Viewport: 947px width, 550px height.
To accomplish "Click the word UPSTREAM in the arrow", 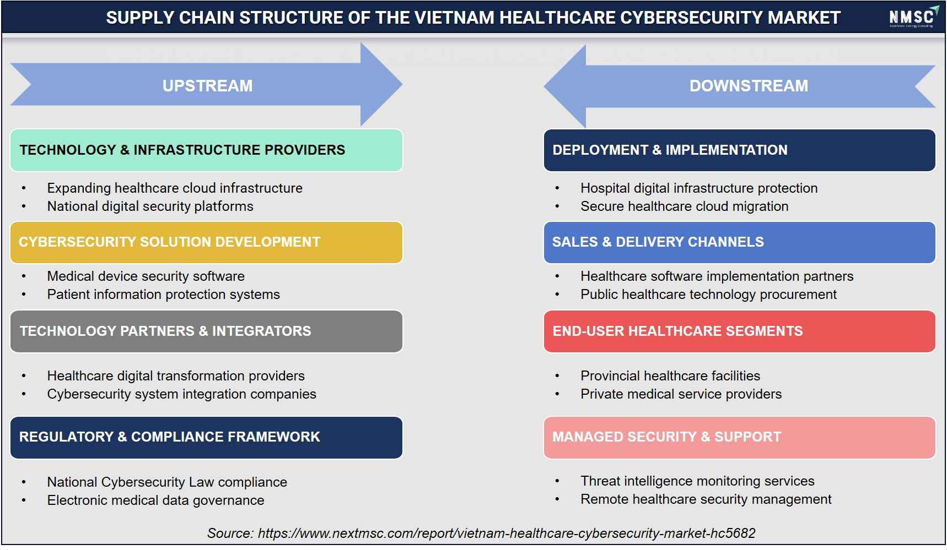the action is [207, 86].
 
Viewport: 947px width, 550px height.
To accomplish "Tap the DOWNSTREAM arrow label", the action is [749, 86].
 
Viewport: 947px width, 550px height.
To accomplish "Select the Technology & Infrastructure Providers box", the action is [206, 150].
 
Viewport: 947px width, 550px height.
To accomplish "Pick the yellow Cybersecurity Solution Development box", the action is [206, 242].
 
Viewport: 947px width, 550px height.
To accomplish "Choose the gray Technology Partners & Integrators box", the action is [206, 331].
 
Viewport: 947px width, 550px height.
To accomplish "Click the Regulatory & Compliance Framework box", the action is [206, 437].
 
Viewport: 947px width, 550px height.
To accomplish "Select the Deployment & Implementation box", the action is [739, 150].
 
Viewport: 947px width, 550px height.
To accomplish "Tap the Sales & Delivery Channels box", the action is [739, 242].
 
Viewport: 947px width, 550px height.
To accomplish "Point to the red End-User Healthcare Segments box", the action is [739, 331].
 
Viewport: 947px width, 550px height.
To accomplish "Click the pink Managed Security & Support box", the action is [739, 437].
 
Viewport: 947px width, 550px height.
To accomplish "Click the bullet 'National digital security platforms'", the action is [150, 206].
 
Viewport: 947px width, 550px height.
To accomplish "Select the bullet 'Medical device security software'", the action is [146, 276].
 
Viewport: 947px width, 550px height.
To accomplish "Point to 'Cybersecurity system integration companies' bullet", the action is [182, 394].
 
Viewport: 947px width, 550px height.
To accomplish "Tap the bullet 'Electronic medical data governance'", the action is [155, 500].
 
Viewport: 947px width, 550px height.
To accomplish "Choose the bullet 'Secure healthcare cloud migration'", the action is [684, 206].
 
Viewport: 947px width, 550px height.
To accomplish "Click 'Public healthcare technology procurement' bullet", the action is [708, 295].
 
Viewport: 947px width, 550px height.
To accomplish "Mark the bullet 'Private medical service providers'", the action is [681, 394].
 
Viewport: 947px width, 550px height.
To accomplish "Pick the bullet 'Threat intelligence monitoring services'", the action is [697, 481].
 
